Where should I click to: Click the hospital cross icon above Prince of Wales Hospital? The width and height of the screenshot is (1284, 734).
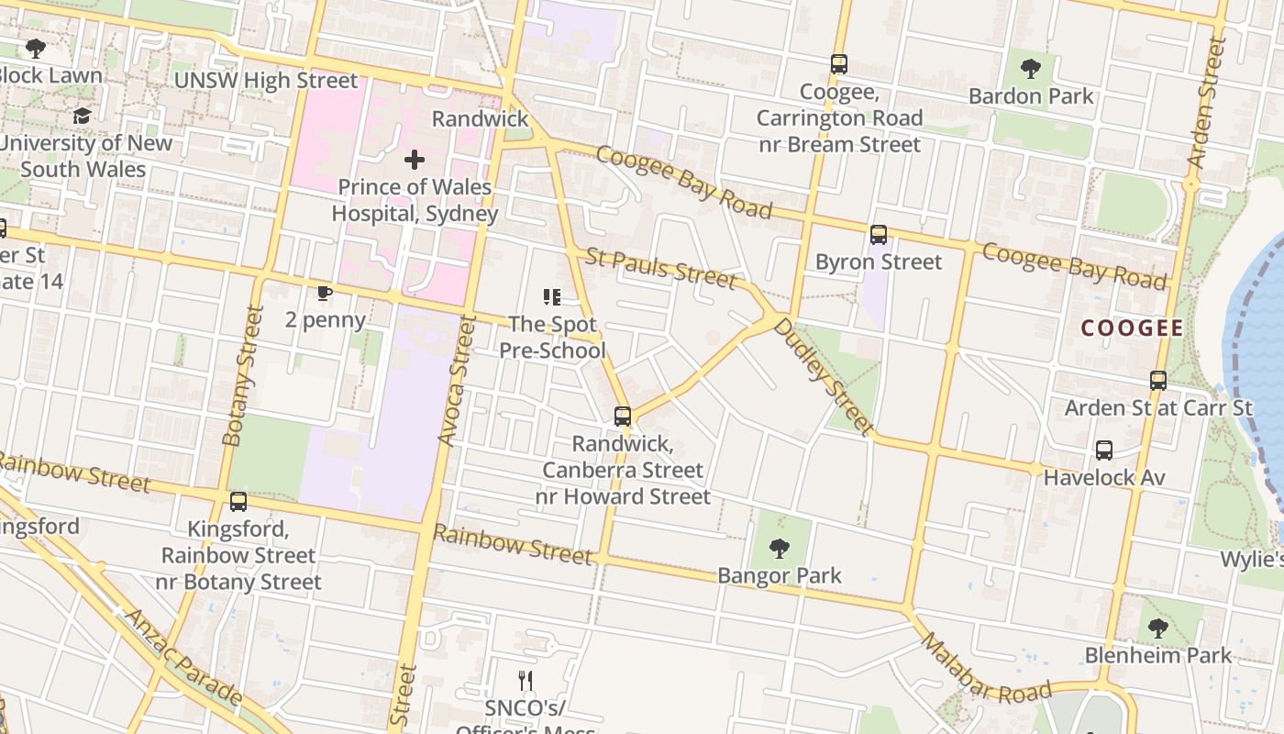415,161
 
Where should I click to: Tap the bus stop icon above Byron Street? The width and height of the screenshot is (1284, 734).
879,235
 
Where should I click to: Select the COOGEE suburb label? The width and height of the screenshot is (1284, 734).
1132,328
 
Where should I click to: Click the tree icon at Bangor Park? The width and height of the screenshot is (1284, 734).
780,549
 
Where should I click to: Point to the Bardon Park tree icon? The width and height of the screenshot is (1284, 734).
1031,69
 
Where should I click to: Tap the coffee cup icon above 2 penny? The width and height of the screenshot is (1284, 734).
324,294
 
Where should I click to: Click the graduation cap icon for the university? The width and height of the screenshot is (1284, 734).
83,117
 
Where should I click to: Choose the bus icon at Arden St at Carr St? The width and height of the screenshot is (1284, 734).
1158,381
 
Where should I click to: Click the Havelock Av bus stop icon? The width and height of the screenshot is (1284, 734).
1104,450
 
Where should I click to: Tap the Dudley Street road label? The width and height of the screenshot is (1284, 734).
823,375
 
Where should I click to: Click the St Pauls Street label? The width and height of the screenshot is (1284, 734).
660,267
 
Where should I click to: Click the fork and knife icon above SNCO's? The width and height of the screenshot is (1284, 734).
526,681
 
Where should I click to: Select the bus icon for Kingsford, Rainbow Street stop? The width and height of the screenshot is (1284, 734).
238,502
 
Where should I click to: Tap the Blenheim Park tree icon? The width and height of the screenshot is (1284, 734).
1158,628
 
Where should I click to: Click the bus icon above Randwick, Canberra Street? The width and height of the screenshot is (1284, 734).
623,417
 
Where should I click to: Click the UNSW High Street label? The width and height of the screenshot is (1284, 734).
266,81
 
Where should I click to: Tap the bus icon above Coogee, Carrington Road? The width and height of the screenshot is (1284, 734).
839,64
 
